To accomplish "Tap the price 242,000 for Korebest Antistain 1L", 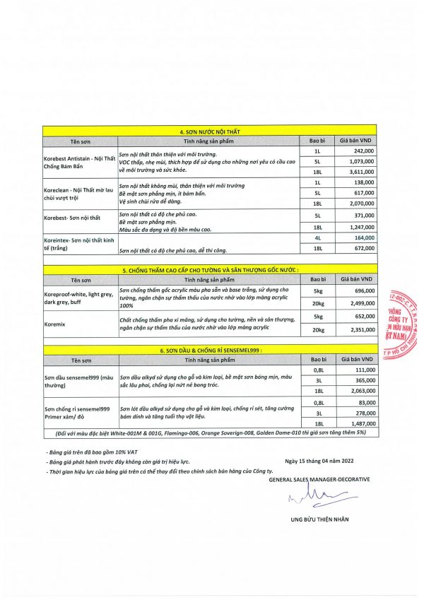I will pyautogui.click(x=363, y=151).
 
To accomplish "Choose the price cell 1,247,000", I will pyautogui.click(x=363, y=229).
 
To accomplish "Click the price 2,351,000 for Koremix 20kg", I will pyautogui.click(x=363, y=329).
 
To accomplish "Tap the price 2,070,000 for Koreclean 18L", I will pyautogui.click(x=363, y=203).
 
